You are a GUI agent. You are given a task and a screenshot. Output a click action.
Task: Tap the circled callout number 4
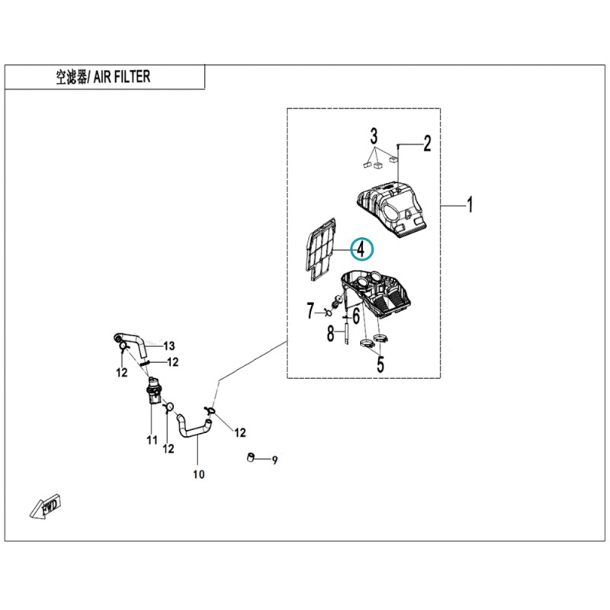361,249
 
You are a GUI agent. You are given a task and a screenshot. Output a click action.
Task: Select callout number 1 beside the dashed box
470,204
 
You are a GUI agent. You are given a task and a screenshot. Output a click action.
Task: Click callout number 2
427,143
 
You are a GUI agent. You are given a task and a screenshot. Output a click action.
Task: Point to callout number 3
374,137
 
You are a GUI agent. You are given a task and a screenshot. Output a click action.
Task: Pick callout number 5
380,364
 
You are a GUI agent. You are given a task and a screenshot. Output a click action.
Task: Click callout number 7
310,311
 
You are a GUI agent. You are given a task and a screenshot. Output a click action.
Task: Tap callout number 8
330,334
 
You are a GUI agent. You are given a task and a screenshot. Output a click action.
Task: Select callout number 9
274,461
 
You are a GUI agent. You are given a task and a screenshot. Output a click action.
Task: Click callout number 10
198,474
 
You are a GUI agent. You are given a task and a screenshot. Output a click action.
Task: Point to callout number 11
152,440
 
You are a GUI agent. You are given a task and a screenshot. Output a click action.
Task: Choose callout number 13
169,345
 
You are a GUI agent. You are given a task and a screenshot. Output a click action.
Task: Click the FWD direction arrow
46,506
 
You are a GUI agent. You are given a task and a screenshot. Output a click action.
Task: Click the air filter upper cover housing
391,209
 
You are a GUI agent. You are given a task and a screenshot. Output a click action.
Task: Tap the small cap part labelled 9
251,457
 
